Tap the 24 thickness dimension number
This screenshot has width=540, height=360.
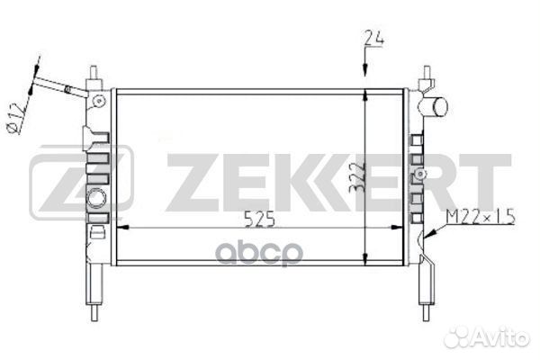[374, 37]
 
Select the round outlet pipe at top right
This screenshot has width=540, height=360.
[436, 106]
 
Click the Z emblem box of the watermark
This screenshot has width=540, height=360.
[81, 185]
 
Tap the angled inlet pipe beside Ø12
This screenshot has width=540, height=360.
[63, 87]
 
